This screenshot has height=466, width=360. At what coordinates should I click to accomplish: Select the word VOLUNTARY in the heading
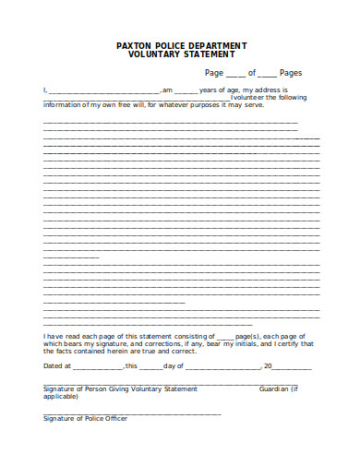pos(157,54)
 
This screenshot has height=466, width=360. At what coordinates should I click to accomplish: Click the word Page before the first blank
pos(214,72)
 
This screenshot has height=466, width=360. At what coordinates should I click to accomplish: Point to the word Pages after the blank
pos(291,72)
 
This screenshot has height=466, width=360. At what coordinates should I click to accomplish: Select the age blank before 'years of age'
pos(186,90)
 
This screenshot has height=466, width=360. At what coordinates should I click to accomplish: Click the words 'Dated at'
pos(56,366)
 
